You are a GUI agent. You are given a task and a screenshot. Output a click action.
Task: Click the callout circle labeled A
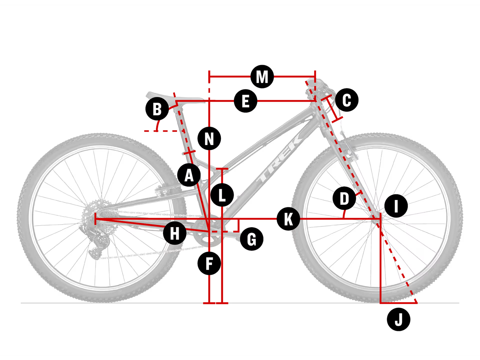click(x=189, y=175)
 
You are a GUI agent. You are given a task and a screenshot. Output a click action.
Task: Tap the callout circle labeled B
click(x=157, y=109)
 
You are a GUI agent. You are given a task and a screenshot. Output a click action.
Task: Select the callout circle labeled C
click(x=347, y=100)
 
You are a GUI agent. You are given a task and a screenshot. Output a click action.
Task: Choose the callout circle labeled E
click(x=246, y=101)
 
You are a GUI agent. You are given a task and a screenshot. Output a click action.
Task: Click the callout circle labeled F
click(x=209, y=263)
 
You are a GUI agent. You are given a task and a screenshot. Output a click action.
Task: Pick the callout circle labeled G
click(x=252, y=239)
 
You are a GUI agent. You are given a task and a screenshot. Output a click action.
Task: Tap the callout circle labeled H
click(x=175, y=233)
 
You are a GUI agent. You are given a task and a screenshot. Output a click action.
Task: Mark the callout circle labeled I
click(x=396, y=206)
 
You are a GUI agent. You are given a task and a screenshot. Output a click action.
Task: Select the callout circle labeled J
click(x=398, y=320)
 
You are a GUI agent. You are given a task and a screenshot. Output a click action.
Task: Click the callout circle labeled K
click(x=288, y=219)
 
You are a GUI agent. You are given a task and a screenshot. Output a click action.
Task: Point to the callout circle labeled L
click(x=222, y=195)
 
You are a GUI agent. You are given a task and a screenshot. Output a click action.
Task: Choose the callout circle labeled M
click(x=262, y=77)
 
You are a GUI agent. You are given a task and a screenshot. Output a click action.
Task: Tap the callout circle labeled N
click(x=209, y=138)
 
